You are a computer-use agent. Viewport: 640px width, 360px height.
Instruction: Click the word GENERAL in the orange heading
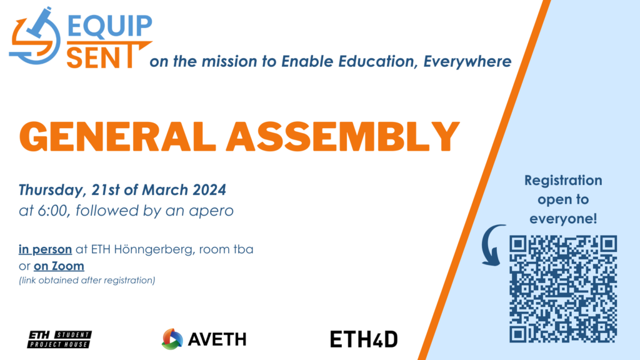117,137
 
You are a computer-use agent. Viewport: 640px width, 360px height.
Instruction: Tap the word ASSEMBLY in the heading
343,137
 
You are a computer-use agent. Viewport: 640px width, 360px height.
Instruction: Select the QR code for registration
563,289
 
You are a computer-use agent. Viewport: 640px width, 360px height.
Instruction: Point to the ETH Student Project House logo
59,339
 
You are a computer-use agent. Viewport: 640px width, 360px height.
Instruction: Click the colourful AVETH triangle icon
172,339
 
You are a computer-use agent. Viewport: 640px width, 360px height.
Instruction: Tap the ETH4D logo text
364,339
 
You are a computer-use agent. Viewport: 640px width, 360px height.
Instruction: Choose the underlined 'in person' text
45,249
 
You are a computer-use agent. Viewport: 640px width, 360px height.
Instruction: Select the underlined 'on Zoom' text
59,266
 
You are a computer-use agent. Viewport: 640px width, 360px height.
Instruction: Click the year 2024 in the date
209,190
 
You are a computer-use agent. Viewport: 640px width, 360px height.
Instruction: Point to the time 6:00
52,211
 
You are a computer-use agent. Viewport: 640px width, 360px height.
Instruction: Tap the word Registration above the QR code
563,181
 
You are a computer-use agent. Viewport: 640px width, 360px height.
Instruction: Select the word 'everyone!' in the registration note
563,219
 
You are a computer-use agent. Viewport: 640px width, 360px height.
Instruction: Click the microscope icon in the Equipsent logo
34,37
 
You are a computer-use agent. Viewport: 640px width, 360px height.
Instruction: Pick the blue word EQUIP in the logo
110,25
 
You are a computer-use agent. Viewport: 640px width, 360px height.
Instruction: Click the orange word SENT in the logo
100,57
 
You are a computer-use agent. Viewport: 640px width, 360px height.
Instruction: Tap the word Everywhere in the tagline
467,62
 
